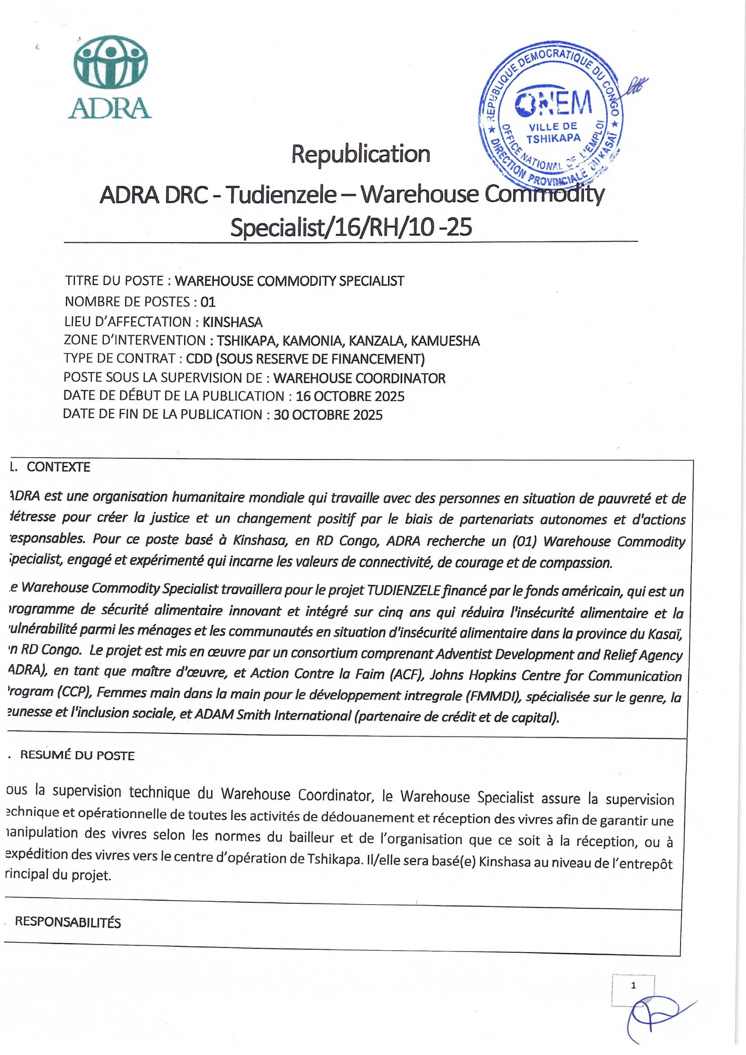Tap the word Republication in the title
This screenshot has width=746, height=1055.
click(361, 154)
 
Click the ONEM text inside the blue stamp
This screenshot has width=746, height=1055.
click(553, 103)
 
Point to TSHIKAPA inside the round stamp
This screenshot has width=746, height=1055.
click(553, 138)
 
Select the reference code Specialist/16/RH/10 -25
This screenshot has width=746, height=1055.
click(351, 227)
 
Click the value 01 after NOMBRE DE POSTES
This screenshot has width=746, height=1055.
click(208, 302)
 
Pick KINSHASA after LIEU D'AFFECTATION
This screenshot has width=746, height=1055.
click(232, 321)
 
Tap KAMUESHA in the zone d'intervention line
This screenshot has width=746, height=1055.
click(445, 341)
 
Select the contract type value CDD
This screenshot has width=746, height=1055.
click(199, 359)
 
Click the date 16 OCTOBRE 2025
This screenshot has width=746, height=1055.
click(350, 396)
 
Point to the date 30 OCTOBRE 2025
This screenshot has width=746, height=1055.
click(328, 415)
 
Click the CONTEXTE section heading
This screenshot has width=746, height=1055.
click(58, 467)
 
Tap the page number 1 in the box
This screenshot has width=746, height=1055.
click(634, 985)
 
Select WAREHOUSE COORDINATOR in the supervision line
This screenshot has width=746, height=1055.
click(359, 378)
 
